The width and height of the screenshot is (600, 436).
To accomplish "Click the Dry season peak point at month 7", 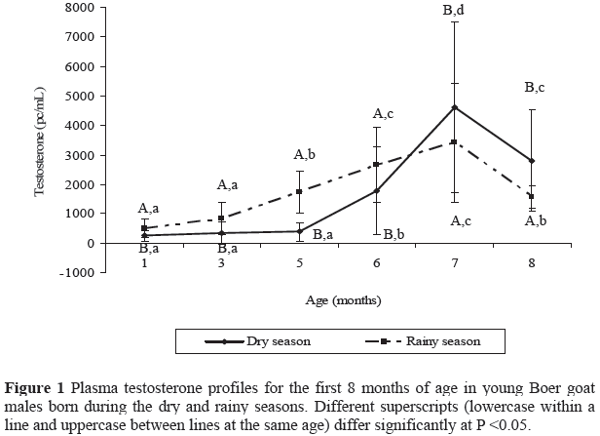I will (x=455, y=107).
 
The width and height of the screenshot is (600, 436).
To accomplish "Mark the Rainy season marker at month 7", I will (x=455, y=142).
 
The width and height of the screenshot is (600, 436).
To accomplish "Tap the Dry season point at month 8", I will (x=532, y=160).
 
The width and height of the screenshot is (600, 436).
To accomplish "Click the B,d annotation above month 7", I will (x=454, y=11).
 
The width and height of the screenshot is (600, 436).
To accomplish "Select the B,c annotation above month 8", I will (x=533, y=88).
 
